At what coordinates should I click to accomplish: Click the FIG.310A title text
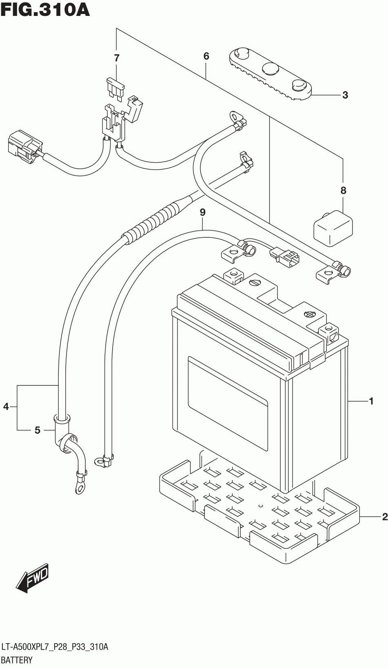coord(45,10)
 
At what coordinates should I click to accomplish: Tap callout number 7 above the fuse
coord(117,58)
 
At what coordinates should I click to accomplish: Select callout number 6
coord(206,56)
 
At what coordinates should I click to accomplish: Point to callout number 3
coord(345,95)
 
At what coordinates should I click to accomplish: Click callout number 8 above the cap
coord(343,190)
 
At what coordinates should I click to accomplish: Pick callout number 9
coord(202,212)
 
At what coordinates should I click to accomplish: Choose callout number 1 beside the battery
coord(371,401)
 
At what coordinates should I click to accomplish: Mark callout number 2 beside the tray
coord(384,517)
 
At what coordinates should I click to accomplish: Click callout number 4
coord(6,406)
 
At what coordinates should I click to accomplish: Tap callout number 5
coord(37,430)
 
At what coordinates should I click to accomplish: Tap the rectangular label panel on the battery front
coord(227,403)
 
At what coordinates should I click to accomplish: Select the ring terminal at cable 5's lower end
coord(80,487)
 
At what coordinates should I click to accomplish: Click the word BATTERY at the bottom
coord(17,659)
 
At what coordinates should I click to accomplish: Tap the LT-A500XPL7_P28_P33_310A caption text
coord(55,647)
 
